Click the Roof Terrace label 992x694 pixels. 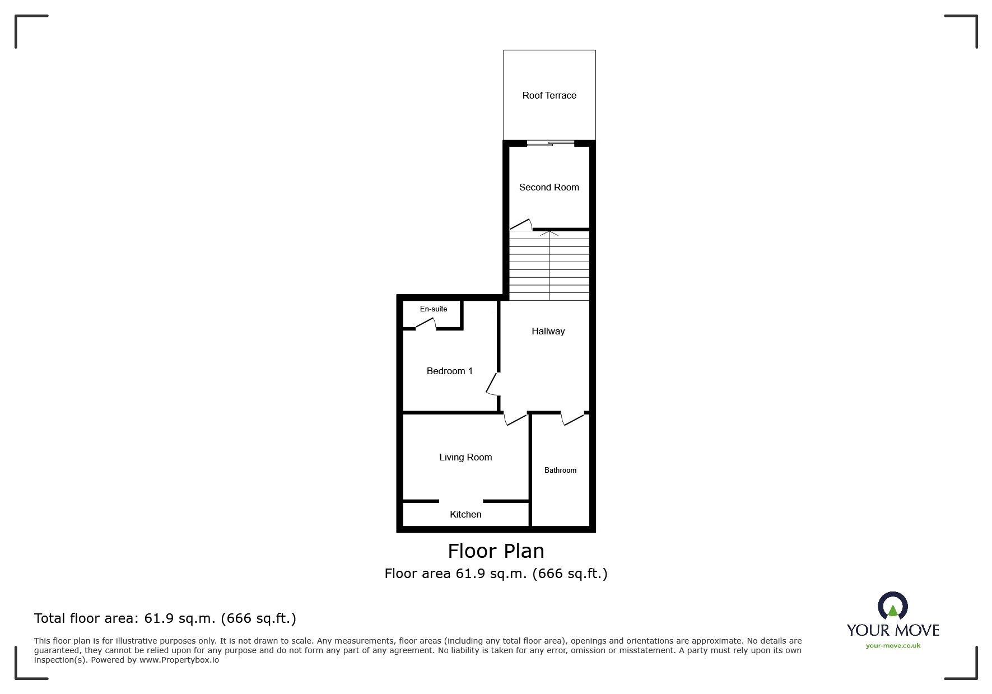click(549, 95)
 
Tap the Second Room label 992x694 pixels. click(549, 187)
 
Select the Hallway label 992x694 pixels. click(548, 331)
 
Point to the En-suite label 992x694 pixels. click(434, 309)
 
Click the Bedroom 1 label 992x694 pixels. click(449, 371)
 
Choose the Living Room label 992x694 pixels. click(465, 457)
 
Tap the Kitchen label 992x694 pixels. click(465, 514)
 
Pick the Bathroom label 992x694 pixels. click(560, 470)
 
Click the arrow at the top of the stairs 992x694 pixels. click(549, 233)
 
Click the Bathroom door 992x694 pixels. click(572, 418)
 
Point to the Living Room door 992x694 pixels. click(515, 418)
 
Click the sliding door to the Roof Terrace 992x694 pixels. click(550, 144)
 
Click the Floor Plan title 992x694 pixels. click(496, 551)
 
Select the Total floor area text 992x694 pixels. click(165, 618)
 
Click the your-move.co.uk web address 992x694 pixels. click(893, 646)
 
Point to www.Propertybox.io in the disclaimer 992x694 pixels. click(179, 660)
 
